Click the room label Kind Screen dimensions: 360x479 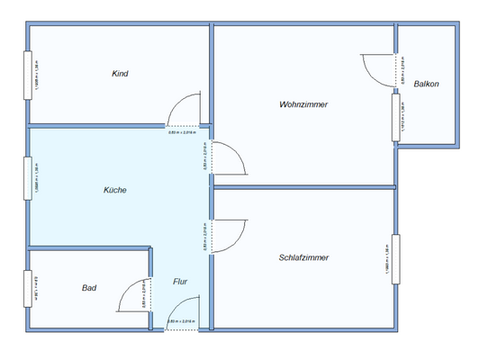pos(119,74)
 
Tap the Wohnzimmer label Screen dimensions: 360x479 pos(303,105)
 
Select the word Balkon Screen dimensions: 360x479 pos(426,85)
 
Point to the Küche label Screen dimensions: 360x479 pos(114,190)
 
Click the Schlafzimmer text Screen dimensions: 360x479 pos(303,257)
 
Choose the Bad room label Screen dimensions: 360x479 pos(89,288)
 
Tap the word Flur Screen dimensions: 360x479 pos(181,282)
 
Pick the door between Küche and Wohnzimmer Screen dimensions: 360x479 pos(230,159)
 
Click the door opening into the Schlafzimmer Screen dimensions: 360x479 pos(231,235)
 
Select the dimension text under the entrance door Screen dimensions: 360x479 pos(182,321)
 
